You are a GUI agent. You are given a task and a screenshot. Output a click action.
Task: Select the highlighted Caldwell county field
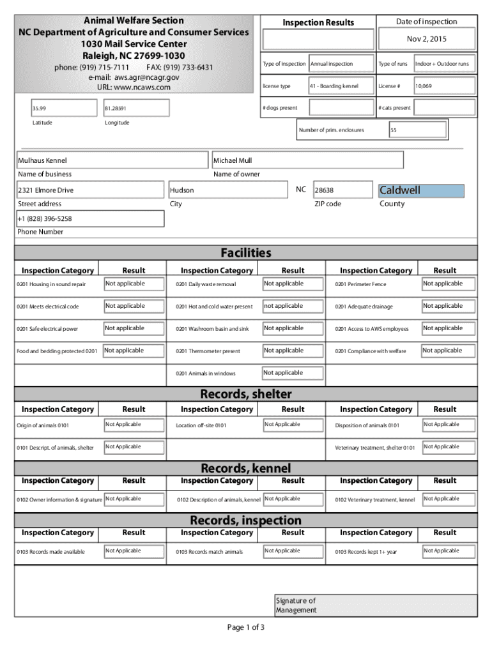point(421,190)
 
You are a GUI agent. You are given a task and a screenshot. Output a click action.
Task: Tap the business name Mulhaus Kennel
point(112,160)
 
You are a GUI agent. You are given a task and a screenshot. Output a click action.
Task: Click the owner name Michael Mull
point(307,160)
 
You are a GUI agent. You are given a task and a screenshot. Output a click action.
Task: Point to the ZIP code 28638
point(342,190)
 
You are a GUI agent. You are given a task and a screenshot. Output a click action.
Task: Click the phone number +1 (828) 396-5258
point(89,218)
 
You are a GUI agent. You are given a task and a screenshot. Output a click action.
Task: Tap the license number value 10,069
point(445,86)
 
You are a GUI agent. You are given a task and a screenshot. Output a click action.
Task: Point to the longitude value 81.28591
point(135,108)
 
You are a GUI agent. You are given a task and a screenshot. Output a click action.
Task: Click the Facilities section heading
point(245,253)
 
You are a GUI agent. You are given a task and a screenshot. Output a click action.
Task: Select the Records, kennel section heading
point(245,469)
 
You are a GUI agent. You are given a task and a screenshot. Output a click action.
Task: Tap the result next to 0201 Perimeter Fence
point(448,284)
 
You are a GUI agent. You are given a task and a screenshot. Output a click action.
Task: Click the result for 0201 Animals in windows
point(289,373)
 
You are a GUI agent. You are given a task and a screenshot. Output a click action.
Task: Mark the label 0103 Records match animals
point(209,552)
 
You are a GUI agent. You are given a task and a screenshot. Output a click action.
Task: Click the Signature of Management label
point(296,605)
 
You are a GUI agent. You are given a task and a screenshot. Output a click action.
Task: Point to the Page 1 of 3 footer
point(245,627)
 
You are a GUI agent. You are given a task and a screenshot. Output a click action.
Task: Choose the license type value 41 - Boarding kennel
point(342,86)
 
